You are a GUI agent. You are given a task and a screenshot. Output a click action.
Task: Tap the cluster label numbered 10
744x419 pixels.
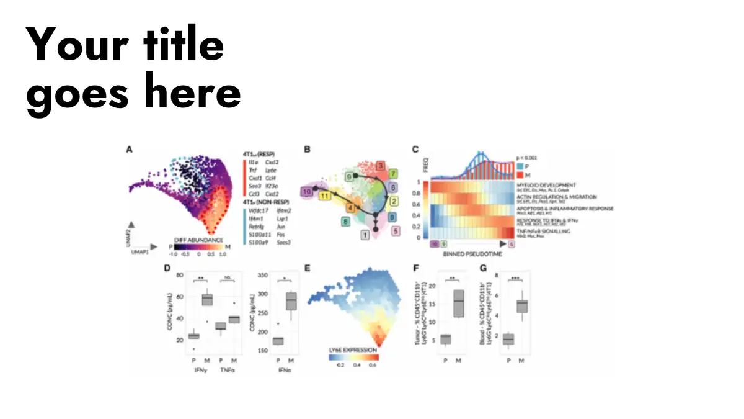point(306,192)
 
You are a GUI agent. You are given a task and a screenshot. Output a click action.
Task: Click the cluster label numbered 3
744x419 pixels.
point(381,166)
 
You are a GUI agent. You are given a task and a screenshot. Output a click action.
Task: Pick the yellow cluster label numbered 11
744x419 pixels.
point(324,196)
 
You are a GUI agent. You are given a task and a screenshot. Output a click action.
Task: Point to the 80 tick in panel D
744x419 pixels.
point(180,274)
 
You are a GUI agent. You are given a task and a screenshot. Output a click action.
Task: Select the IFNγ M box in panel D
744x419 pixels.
point(208,299)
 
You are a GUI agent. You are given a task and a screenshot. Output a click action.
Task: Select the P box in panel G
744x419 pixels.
point(508,339)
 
